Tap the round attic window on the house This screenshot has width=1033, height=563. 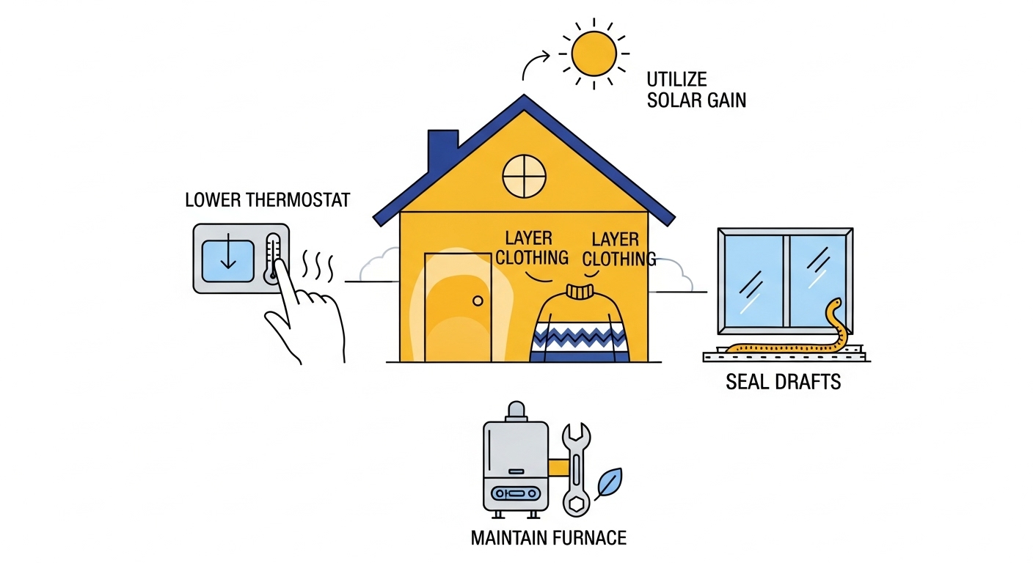525,176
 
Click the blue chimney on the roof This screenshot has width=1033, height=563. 442,152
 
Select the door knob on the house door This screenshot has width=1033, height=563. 478,301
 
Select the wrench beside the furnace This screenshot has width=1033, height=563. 574,469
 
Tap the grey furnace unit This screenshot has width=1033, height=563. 516,466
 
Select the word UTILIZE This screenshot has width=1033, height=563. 676,78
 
